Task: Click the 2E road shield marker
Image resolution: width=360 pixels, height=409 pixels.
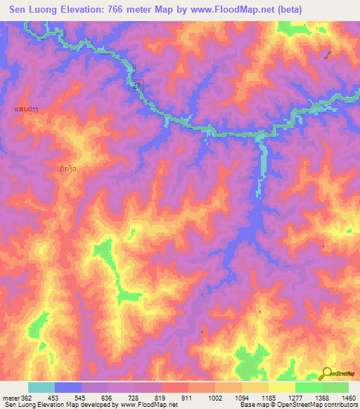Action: (x=136, y=85)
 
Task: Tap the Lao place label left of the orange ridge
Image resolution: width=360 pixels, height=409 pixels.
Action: (x=26, y=109)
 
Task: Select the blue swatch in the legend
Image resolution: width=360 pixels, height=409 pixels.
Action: (x=68, y=387)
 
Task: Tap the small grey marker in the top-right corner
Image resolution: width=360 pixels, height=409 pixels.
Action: (x=328, y=54)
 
